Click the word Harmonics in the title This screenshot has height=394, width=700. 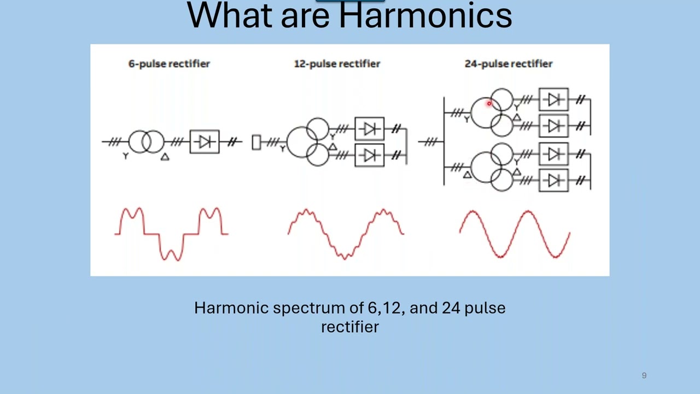tap(425, 15)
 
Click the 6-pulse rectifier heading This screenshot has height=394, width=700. tap(169, 64)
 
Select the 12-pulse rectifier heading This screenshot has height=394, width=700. tap(337, 64)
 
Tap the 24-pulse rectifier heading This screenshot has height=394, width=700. tap(509, 64)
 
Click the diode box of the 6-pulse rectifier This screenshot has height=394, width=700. tap(205, 142)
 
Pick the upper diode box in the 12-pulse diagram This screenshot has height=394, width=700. tap(370, 129)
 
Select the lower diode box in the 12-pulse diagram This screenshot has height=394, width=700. tap(370, 155)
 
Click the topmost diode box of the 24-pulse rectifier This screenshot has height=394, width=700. tap(553, 100)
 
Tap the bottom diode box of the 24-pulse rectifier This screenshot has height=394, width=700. tap(553, 180)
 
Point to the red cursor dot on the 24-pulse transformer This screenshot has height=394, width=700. tap(489, 103)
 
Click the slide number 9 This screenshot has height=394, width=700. tap(644, 375)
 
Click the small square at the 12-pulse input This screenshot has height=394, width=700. tap(256, 142)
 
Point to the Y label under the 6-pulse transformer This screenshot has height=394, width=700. tap(126, 156)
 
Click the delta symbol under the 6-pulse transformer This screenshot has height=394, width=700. tap(165, 157)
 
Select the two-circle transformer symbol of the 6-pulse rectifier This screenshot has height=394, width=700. tap(146, 142)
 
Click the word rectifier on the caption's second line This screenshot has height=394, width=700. tap(350, 327)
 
